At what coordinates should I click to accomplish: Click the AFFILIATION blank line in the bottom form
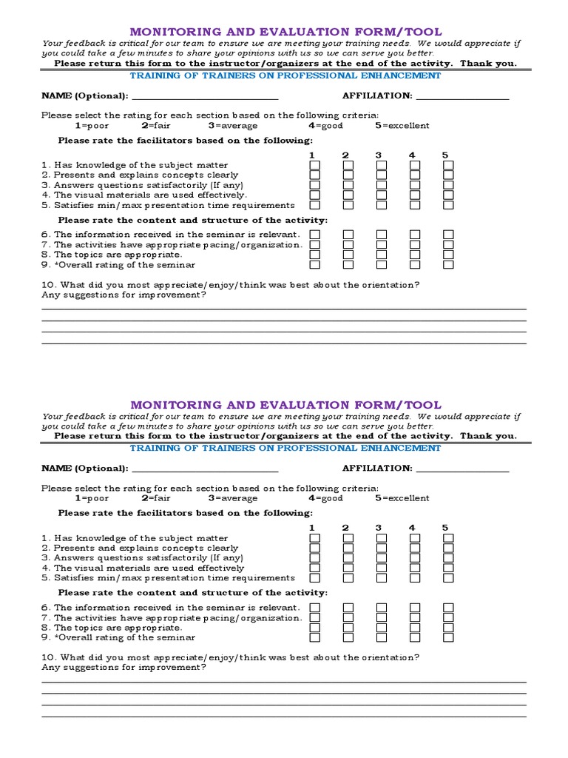(463, 469)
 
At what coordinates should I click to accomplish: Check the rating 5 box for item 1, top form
(448, 165)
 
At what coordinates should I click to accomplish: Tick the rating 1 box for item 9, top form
(315, 264)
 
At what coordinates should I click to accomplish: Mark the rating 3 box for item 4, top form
(382, 195)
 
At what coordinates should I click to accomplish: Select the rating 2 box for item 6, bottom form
(348, 607)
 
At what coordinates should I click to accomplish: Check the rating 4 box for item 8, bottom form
(415, 627)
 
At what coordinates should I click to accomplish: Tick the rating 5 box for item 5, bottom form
(448, 578)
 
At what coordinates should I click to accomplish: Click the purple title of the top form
(285, 32)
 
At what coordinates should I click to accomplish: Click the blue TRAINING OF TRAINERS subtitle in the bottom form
(285, 448)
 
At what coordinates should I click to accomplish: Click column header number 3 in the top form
(378, 155)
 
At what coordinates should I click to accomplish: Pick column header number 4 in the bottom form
(412, 528)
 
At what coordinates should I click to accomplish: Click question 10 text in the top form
(231, 285)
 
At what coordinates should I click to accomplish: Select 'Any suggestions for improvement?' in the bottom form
(124, 668)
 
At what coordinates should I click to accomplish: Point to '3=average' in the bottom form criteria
(233, 498)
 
